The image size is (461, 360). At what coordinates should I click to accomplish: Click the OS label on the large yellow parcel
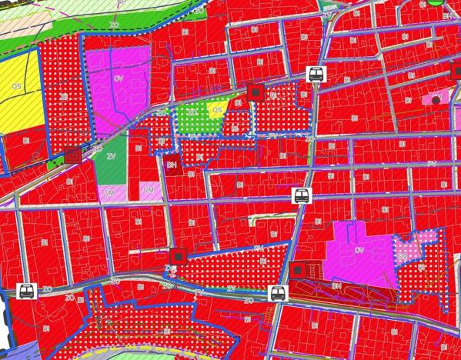point(15,86)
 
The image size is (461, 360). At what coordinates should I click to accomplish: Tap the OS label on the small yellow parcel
point(217,110)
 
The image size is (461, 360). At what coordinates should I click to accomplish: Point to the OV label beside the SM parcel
point(359,249)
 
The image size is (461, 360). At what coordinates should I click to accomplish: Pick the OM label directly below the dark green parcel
point(109,192)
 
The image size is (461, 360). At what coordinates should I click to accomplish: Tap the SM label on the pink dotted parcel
point(402,256)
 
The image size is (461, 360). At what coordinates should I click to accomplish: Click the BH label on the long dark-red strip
point(336,285)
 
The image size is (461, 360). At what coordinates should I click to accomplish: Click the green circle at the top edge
point(436,2)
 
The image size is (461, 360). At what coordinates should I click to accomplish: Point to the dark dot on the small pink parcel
point(436,100)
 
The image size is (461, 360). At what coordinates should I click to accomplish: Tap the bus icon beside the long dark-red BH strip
point(277,293)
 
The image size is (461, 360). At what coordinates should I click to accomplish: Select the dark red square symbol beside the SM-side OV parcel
point(298,268)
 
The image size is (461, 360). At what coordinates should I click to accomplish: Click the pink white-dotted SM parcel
point(405,249)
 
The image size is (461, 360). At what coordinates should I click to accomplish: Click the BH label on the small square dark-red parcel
point(171,164)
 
